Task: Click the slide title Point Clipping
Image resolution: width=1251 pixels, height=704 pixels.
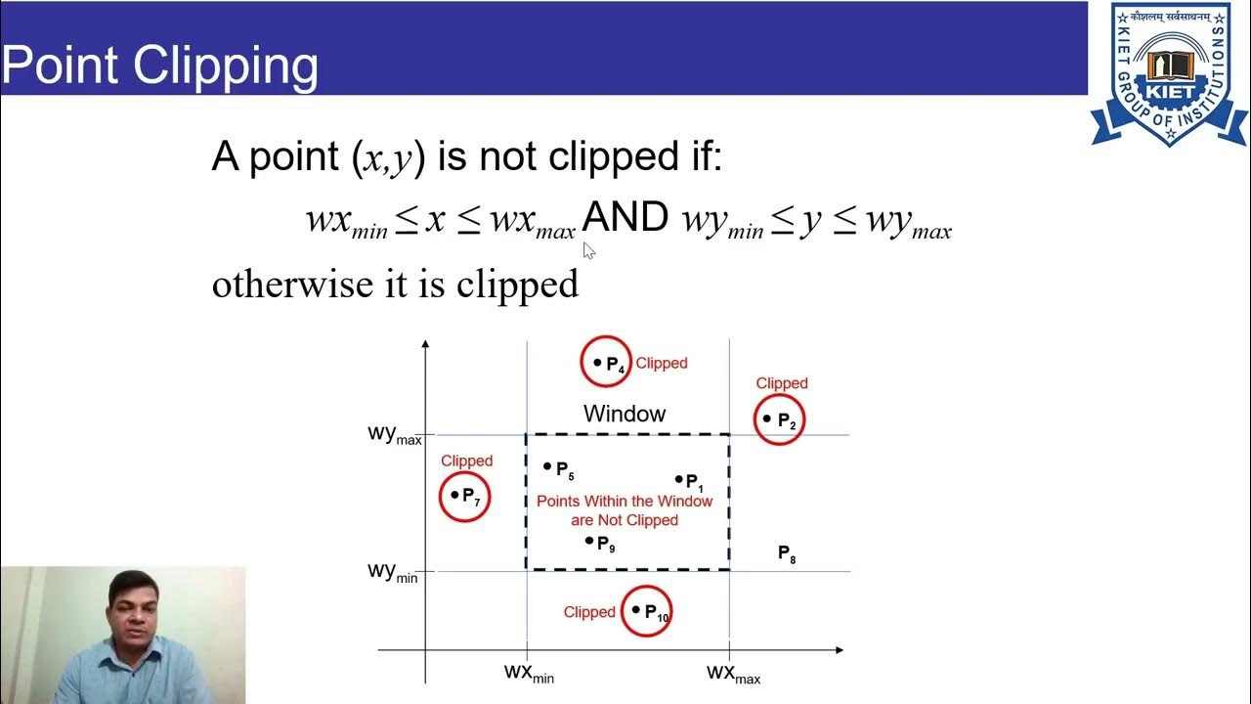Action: (x=159, y=65)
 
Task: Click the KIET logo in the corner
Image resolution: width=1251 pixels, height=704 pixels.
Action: (x=1169, y=74)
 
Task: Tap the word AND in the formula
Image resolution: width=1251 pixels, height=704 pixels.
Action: (x=625, y=218)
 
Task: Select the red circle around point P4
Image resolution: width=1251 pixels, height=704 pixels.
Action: (x=606, y=363)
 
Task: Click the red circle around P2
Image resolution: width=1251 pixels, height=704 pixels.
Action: (x=779, y=419)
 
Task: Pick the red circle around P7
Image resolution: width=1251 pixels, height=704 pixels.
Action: (x=464, y=496)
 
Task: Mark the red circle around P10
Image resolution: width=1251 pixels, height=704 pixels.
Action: (x=647, y=611)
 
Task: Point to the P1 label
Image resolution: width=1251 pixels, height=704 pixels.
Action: (x=693, y=482)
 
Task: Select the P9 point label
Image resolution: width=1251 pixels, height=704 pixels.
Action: (x=605, y=544)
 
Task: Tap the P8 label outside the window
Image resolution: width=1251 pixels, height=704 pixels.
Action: (x=787, y=554)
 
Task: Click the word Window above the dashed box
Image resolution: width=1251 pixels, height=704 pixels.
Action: (x=625, y=414)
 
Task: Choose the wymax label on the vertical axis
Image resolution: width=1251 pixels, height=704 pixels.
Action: (x=395, y=434)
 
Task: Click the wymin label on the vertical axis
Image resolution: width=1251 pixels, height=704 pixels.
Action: (x=393, y=571)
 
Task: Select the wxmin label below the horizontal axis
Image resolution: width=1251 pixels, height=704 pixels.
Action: (x=529, y=673)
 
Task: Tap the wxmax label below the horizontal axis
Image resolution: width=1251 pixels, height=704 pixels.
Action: (x=733, y=673)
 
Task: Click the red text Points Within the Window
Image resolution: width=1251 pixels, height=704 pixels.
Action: (x=625, y=501)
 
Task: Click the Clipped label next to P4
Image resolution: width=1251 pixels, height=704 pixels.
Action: (x=662, y=363)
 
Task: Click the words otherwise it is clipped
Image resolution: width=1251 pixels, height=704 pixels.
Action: (x=395, y=284)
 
